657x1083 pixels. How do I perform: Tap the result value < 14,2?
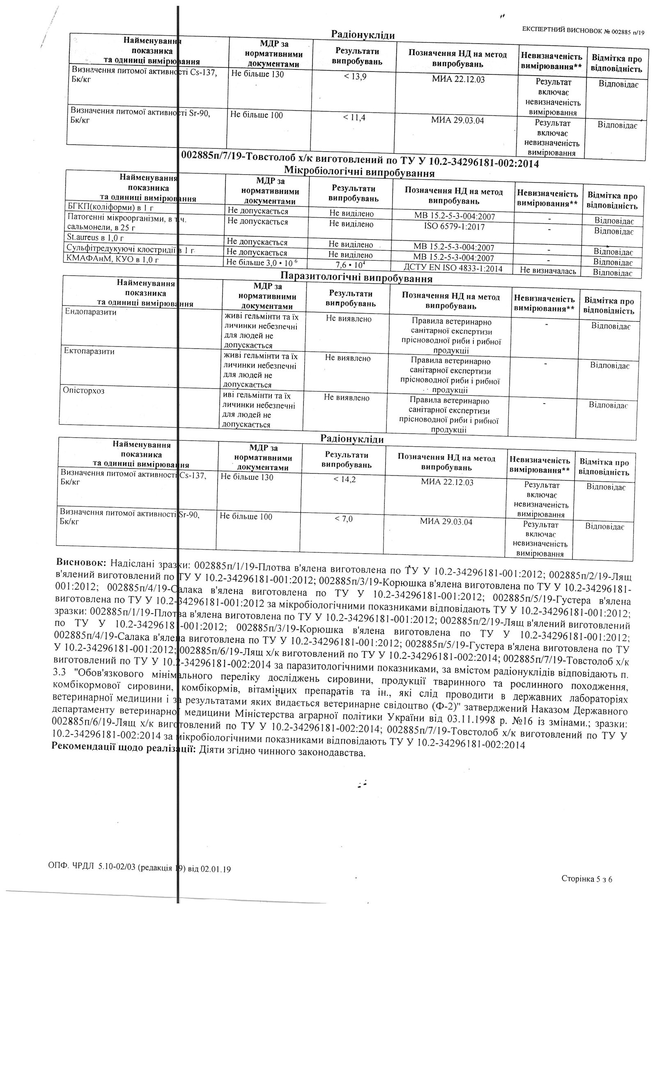point(345,479)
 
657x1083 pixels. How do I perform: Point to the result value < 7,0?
point(343,519)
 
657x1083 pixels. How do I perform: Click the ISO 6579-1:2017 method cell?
point(453,227)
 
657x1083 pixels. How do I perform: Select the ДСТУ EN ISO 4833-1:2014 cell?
point(453,268)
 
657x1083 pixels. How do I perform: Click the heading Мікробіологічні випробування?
point(359,173)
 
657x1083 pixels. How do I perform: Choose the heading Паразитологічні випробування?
point(356,278)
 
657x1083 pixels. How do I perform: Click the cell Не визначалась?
point(548,271)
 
